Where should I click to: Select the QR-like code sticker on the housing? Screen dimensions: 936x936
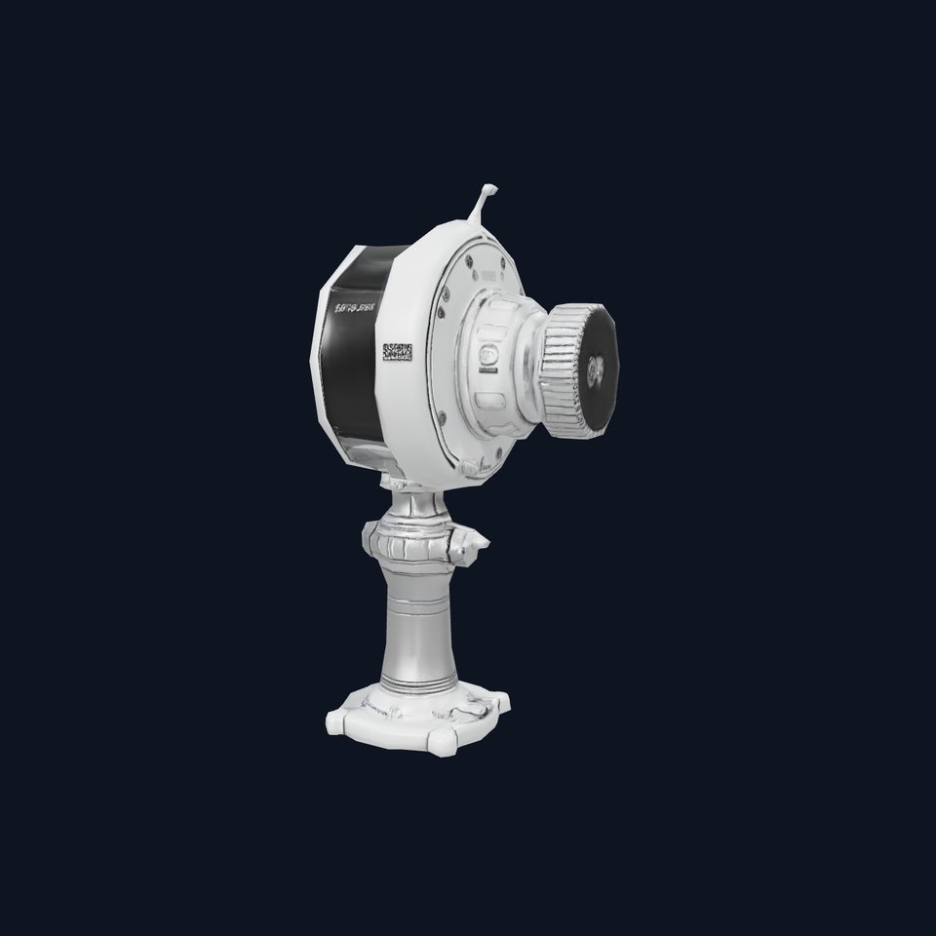398,352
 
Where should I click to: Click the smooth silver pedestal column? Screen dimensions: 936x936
420,624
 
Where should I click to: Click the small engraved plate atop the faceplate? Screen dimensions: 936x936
487,276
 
